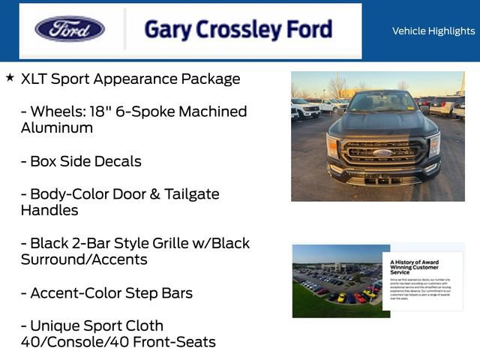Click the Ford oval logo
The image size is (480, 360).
70,29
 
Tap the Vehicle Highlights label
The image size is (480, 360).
433,31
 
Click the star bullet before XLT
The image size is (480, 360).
10,77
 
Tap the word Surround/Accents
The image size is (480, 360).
84,260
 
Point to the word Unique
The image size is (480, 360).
55,326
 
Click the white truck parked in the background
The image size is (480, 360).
306,109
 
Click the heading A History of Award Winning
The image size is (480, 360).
415,265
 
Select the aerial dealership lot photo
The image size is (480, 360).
337,281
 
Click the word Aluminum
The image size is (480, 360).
57,128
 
